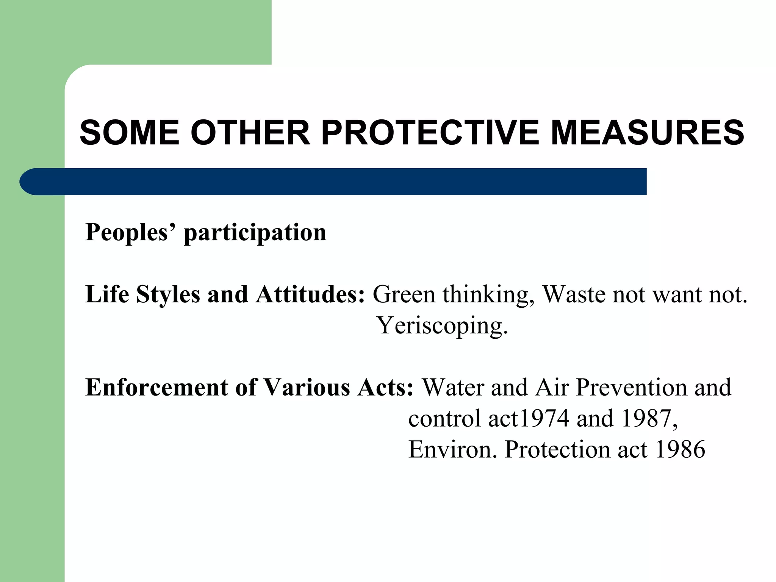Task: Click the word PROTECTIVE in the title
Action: pos(430,133)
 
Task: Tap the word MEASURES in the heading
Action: pos(647,133)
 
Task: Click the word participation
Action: pos(255,233)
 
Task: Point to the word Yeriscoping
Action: pos(442,326)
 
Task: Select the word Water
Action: pos(453,387)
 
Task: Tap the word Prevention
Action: pos(631,387)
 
